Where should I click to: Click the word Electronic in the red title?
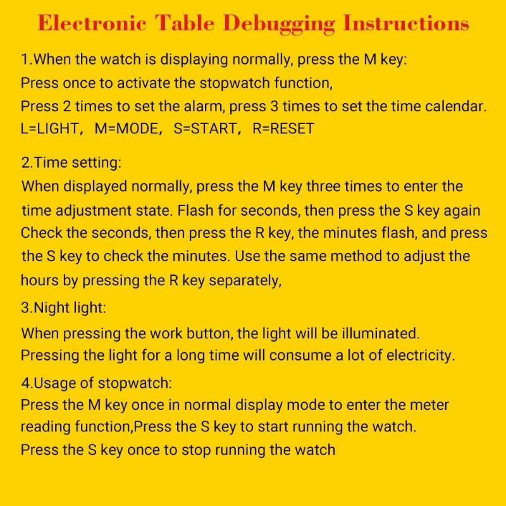tap(92, 23)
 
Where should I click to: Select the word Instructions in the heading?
tap(406, 23)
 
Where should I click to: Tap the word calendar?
tap(455, 106)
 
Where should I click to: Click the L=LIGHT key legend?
tap(49, 128)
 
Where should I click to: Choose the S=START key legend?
tap(205, 128)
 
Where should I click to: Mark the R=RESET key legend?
tap(283, 128)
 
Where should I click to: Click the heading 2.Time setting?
tap(71, 163)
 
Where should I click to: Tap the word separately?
tap(245, 280)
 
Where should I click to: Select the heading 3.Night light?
tap(63, 308)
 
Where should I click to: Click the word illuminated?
tap(381, 333)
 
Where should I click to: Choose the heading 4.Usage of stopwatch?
tap(97, 383)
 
